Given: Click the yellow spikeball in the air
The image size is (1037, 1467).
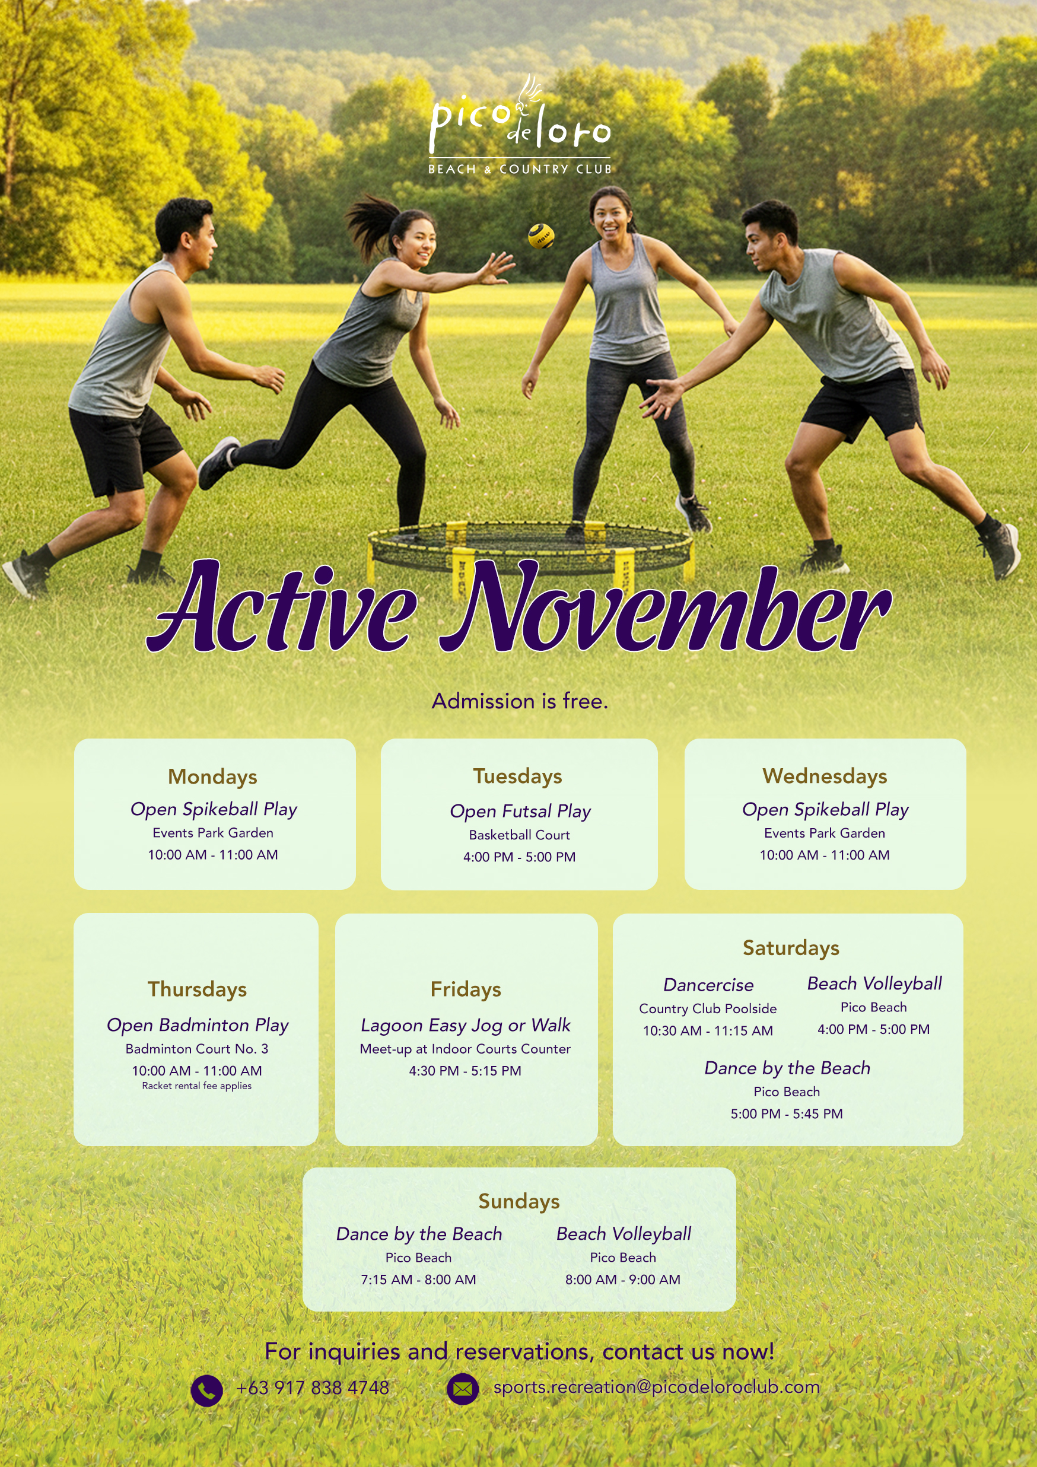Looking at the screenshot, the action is point(540,237).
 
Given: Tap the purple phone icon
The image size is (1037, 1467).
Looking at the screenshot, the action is point(206,1390).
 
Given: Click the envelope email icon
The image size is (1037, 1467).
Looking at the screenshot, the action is point(463,1389).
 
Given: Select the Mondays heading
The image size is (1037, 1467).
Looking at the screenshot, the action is point(213,777).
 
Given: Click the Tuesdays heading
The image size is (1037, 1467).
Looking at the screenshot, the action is point(517,777).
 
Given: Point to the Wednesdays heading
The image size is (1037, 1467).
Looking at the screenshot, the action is point(825,777).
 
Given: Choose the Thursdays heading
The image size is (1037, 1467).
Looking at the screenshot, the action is point(198,989).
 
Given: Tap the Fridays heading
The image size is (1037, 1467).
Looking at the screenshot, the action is point(466,989).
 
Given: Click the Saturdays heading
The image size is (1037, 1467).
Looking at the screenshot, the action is point(791,948).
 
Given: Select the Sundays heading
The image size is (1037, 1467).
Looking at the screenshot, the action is point(519,1201).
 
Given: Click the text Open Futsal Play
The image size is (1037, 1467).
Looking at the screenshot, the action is point(520,812).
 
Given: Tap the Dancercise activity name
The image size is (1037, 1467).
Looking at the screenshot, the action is point(708,985).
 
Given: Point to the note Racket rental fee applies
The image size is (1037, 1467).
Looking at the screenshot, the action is point(197,1086).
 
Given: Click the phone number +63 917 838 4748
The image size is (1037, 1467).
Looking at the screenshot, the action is point(313,1388).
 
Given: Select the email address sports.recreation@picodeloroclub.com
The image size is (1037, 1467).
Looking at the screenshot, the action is point(656,1387).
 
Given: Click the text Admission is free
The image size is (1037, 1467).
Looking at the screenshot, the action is point(520,701).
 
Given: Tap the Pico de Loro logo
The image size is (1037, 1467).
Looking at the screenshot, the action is point(520,125).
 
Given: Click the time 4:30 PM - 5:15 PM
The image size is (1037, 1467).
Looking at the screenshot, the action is point(465,1071).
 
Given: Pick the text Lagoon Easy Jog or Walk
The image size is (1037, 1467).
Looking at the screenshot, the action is point(465,1026).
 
